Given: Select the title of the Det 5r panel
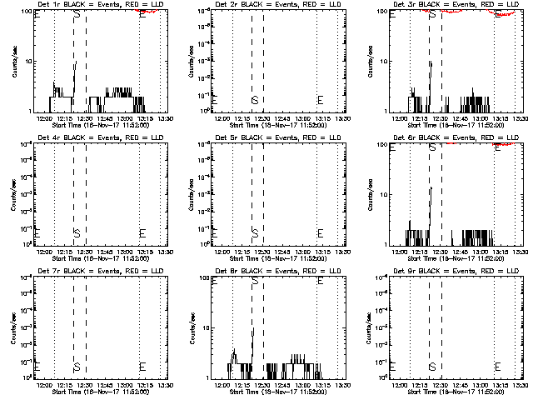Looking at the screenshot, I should (276, 137).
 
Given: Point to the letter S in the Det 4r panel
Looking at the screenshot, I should (77, 232).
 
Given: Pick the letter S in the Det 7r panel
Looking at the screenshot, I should (77, 366).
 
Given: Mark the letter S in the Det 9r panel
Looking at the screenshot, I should (431, 366).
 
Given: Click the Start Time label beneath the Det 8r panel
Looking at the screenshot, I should (276, 392).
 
